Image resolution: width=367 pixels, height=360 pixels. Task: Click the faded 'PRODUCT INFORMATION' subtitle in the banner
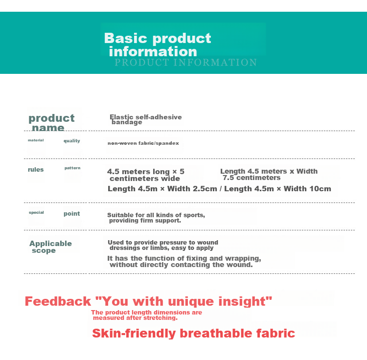coord(185,63)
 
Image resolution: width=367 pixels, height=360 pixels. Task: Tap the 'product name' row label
coord(51,123)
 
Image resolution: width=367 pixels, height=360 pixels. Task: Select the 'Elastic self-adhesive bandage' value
coord(146,119)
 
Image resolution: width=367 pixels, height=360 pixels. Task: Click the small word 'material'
coord(36,140)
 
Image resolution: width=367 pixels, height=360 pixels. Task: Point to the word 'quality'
coord(72,140)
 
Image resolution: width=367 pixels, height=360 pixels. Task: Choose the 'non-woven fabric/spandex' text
coord(143,143)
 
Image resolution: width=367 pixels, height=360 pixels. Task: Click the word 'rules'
coord(36,170)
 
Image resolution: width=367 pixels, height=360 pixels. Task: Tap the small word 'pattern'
coord(72,168)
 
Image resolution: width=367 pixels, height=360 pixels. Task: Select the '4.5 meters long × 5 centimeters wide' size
coord(146,175)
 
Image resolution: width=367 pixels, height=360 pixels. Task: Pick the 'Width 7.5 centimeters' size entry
coord(269,175)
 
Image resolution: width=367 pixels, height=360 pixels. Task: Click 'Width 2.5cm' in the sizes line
coord(192,189)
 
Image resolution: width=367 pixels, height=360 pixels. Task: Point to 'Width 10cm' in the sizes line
coord(307,189)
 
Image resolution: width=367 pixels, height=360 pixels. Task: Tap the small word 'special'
coord(36,212)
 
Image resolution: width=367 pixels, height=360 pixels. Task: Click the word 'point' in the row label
coord(72,214)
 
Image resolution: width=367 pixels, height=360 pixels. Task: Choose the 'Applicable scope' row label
coord(50,247)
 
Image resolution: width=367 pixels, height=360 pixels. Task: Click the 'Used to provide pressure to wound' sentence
coord(163,242)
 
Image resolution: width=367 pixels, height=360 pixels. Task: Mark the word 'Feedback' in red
coord(58,301)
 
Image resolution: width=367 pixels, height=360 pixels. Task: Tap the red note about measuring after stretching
coord(146,315)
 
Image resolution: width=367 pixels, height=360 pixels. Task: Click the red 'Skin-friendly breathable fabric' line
coord(194,333)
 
